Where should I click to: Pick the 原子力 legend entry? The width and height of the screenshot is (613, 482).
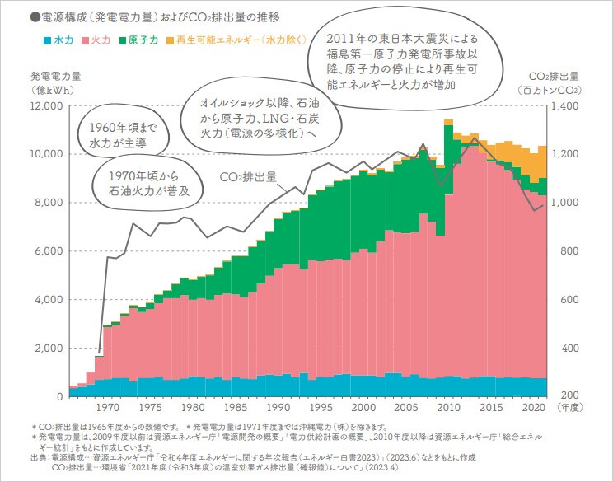tap(142, 40)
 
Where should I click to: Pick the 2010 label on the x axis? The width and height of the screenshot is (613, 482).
tap(447, 407)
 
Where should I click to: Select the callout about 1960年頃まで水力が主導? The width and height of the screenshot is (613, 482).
tap(117, 134)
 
